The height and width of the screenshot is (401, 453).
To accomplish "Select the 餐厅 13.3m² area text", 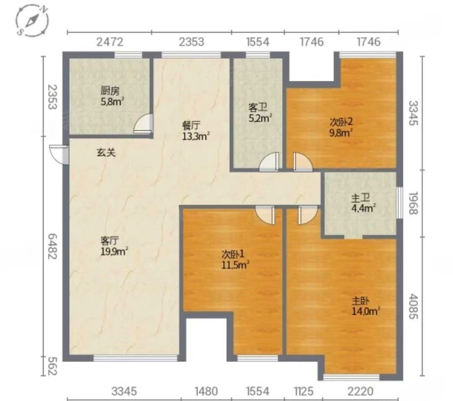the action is coord(195,131).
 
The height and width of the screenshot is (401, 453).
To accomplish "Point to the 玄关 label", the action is coord(106,152).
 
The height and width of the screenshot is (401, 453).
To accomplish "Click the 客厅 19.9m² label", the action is coord(114,246).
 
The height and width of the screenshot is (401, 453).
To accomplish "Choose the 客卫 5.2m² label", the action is coord(260,113).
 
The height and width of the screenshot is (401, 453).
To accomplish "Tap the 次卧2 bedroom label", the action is coord(341,127).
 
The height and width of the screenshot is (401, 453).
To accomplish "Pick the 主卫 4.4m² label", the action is coord(363,203).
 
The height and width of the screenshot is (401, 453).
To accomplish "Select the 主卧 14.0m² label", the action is coord(365,306).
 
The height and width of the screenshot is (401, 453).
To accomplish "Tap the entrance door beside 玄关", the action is coord(59,154).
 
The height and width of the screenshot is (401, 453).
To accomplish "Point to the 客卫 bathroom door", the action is coord(270,162).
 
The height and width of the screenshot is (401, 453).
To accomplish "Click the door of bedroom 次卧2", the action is coord(302,162).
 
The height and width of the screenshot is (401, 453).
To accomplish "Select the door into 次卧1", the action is coord(265,215).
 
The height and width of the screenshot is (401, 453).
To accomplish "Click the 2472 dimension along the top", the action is coord(110,42).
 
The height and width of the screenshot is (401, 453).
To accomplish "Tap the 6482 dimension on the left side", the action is coord(52,246).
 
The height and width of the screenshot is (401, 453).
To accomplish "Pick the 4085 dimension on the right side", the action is coord(414,306).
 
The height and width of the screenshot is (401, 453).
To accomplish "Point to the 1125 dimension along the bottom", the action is coord(304,391).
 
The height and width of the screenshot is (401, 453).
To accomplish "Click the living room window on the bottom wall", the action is coord(135,358).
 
